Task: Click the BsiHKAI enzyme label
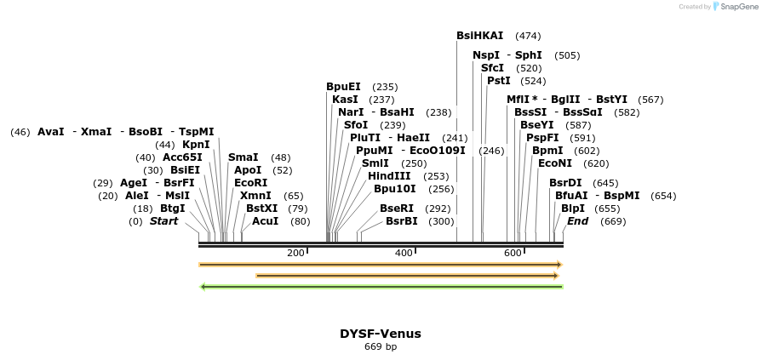click(x=479, y=36)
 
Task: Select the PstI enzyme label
click(x=498, y=81)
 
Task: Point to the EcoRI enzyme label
click(x=250, y=183)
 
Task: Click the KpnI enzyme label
click(x=196, y=145)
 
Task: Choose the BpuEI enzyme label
click(x=343, y=87)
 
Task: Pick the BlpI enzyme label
click(x=572, y=209)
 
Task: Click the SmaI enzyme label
click(x=243, y=157)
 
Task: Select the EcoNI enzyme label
click(x=555, y=163)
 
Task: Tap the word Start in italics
click(x=163, y=221)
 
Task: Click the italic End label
click(x=577, y=221)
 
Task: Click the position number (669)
click(x=613, y=221)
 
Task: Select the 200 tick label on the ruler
click(x=295, y=254)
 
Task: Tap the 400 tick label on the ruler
click(x=404, y=254)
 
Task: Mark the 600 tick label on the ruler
click(x=513, y=254)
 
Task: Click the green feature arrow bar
click(x=381, y=287)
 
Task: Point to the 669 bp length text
click(x=380, y=347)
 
